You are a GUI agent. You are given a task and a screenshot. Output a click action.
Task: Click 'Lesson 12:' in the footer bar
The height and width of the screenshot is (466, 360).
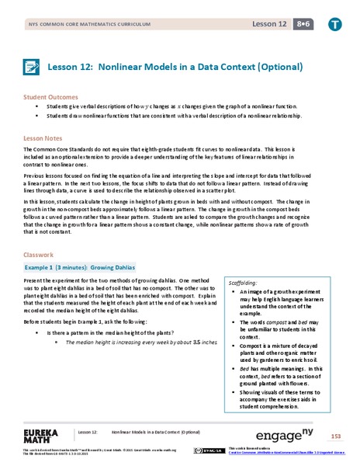tap(87, 432)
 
